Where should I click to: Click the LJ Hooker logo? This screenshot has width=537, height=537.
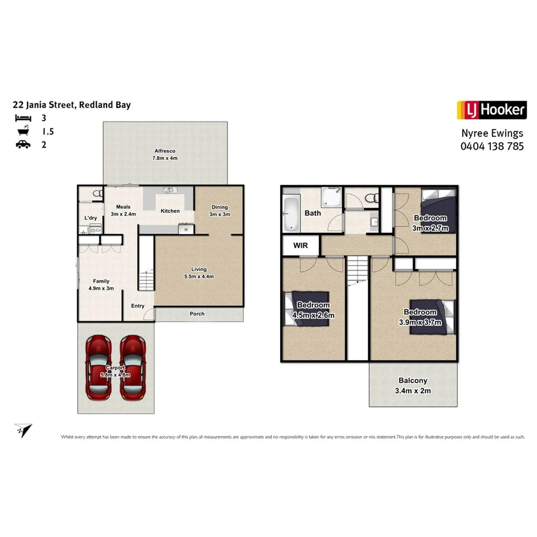(x=491, y=109)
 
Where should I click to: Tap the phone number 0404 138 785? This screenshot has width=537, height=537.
(x=491, y=146)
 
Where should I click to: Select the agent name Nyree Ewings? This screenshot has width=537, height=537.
(x=492, y=133)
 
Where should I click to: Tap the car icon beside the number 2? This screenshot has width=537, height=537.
(x=22, y=144)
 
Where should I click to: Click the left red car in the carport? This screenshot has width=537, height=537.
(x=99, y=368)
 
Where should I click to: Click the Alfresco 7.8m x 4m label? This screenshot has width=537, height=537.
(x=164, y=154)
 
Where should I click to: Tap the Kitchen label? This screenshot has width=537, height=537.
(x=170, y=211)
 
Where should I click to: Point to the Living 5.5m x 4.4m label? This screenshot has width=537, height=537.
(x=199, y=273)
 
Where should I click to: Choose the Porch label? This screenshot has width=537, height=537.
(x=197, y=314)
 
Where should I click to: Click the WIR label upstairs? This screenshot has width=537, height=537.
(x=300, y=245)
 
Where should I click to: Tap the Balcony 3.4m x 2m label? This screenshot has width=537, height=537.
(x=413, y=385)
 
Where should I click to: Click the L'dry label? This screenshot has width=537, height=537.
(x=90, y=218)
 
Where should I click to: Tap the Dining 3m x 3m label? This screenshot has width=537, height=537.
(x=220, y=210)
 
